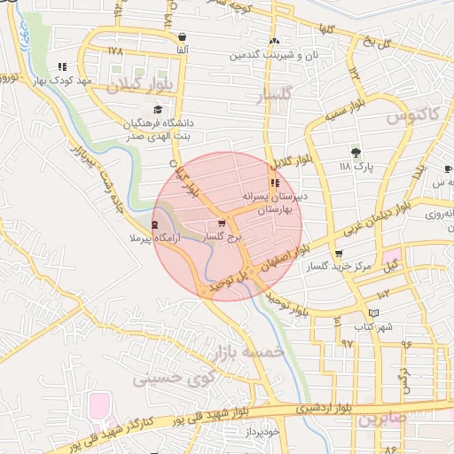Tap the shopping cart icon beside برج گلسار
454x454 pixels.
tap(221, 224)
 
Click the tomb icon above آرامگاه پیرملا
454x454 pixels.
tap(157, 225)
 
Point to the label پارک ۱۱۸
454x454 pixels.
tap(357, 166)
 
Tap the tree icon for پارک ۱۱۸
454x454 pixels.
tap(356, 152)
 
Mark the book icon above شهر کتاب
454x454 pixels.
tap(373, 313)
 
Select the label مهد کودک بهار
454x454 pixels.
tap(63, 81)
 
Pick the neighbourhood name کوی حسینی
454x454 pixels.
tap(174, 380)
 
